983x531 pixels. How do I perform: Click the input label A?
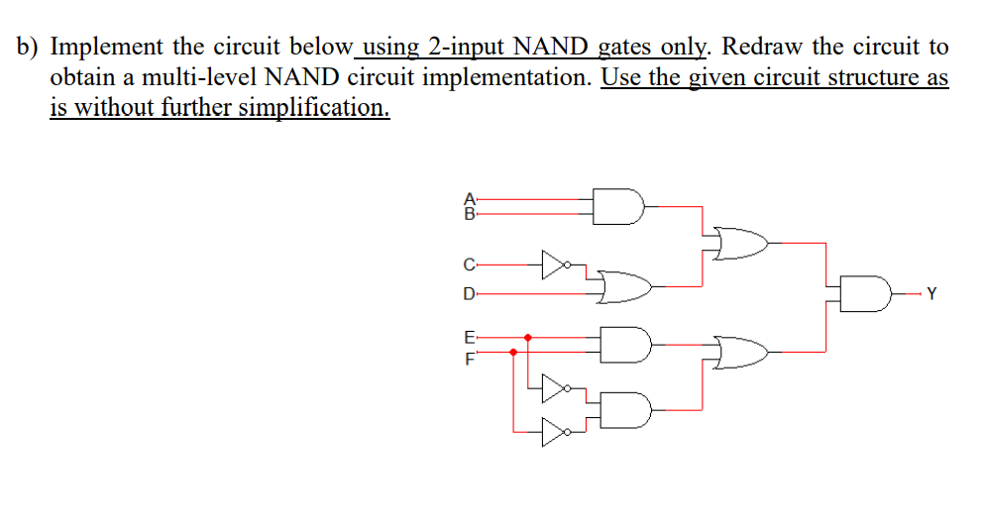coord(470,197)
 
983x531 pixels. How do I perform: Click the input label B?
coord(470,211)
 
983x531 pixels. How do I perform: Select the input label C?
coord(469,265)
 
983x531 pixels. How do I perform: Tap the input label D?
coord(469,293)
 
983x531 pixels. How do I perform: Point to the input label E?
coord(469,337)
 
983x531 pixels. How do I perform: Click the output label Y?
coord(929,293)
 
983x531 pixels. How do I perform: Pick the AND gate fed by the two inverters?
coord(625,407)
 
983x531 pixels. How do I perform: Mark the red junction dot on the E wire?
coord(527,337)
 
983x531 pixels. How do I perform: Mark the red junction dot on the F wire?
coord(512,351)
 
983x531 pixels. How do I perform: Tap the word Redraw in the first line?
coord(761,47)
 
